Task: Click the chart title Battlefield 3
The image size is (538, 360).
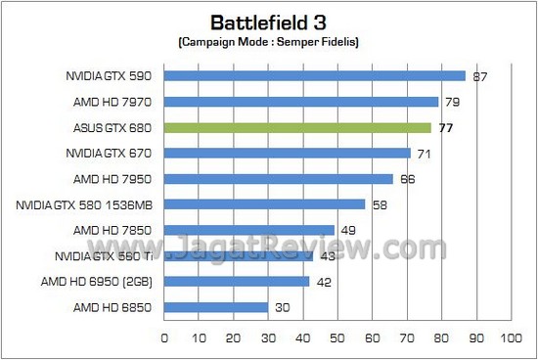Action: [x=268, y=22]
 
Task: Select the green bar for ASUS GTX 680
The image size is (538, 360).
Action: [x=297, y=127]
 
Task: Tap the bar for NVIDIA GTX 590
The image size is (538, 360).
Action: [x=314, y=75]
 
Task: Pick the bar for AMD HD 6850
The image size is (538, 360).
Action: [x=216, y=307]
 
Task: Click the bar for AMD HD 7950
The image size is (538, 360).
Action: [x=278, y=179]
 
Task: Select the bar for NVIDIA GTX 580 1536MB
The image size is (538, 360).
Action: [x=264, y=204]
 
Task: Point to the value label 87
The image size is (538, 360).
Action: [x=479, y=76]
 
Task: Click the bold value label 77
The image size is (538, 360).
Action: [x=445, y=127]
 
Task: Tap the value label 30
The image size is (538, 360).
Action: [x=283, y=307]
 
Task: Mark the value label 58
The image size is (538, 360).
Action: [x=380, y=204]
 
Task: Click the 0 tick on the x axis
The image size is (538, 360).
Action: [x=163, y=337]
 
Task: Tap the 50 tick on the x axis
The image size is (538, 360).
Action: [x=336, y=337]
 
